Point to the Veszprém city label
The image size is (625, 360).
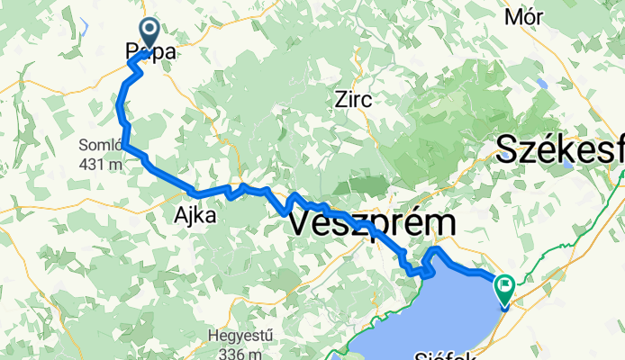[373, 222]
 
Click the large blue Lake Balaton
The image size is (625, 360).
[423, 315]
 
